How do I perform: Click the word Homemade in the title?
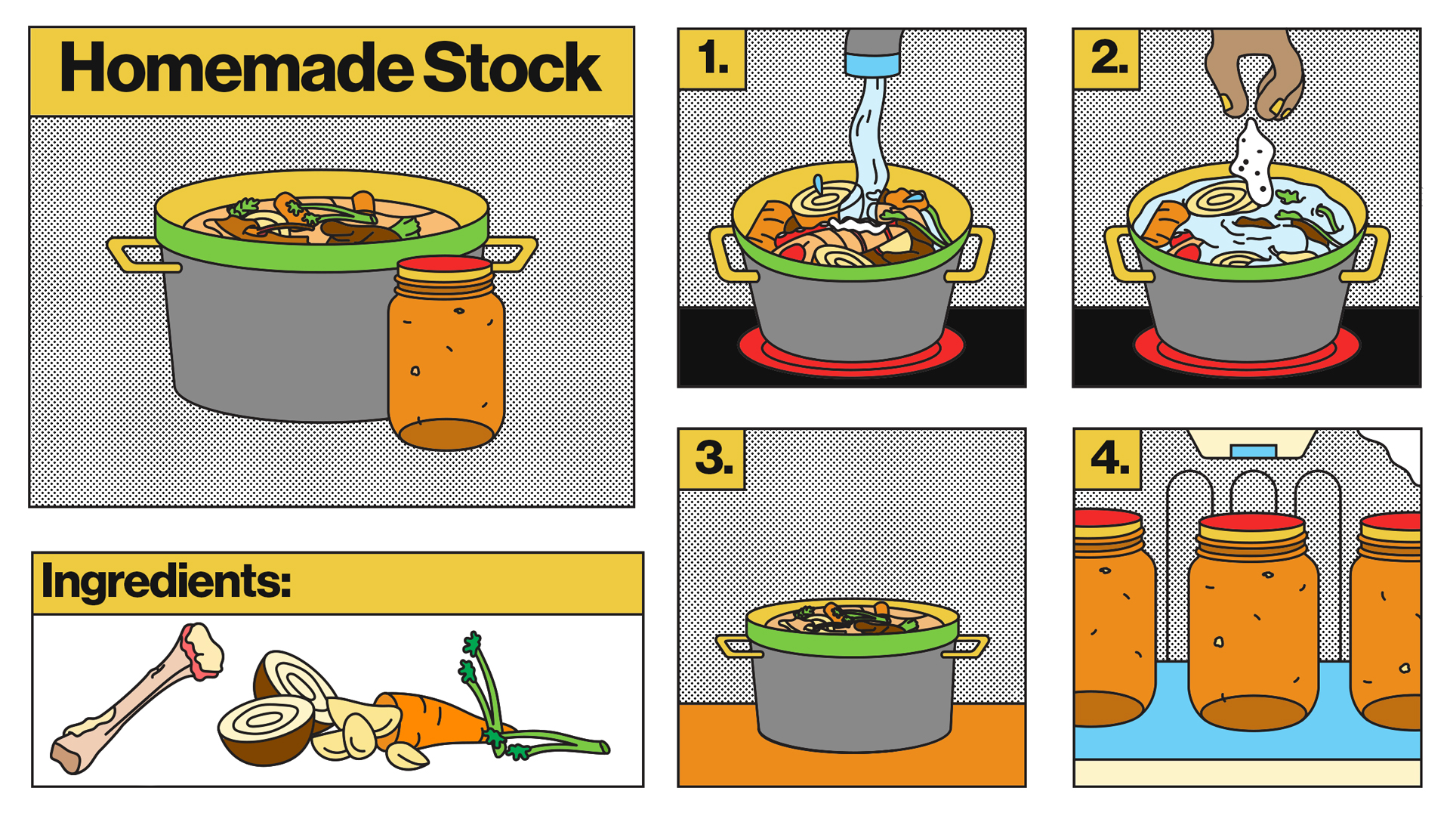[236, 68]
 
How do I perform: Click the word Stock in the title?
[512, 68]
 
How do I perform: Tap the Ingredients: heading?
[166, 582]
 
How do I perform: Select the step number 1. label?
[713, 58]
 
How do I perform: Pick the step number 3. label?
[714, 458]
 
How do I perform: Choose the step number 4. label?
[1109, 458]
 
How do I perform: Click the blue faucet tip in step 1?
[873, 65]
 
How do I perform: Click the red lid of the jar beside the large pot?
[444, 264]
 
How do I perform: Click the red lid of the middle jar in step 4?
[1252, 522]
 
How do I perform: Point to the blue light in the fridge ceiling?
[1253, 451]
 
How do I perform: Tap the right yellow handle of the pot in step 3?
[967, 647]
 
